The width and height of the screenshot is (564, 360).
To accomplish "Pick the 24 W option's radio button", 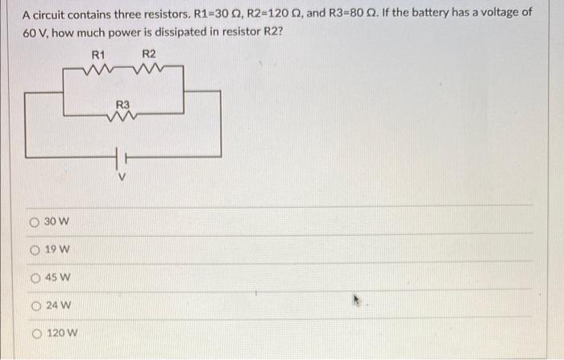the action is click(36, 305).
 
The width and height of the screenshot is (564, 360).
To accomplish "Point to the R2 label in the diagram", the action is click(148, 55).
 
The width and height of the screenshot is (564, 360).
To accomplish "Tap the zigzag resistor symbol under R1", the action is click(97, 70).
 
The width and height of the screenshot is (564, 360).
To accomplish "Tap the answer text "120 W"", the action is click(64, 333).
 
